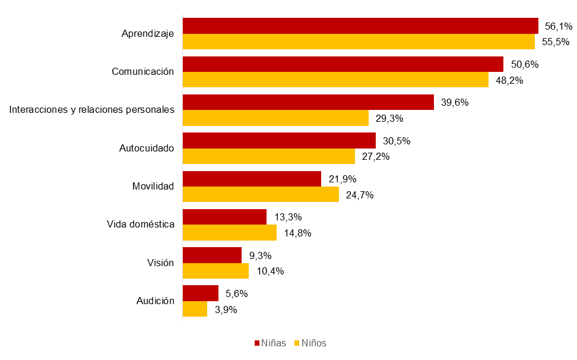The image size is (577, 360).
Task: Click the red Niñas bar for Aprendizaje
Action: coord(360,26)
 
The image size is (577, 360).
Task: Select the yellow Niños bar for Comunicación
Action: coord(335,80)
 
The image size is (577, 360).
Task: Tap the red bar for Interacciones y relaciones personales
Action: coord(308,102)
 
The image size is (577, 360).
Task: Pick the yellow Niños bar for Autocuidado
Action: coord(268,156)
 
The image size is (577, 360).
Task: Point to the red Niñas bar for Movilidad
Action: coord(252,179)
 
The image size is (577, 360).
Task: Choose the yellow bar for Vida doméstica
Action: coord(229,233)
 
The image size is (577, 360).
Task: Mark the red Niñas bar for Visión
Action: coord(212,255)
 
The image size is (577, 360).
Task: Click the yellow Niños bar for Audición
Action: coord(195,309)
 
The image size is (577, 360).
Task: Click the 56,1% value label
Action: coord(559,26)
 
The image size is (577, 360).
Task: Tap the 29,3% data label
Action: coord(389,118)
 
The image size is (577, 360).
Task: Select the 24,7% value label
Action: coord(360,195)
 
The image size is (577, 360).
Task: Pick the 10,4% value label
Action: coord(270,271)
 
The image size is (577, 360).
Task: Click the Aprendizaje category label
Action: coord(147,34)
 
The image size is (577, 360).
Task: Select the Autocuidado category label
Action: coord(147,148)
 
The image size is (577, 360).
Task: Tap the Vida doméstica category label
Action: coord(140,224)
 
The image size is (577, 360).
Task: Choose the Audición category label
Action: coord(155,301)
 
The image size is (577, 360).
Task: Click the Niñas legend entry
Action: coord(271,343)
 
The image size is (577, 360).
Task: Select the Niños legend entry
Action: coord(310,343)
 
